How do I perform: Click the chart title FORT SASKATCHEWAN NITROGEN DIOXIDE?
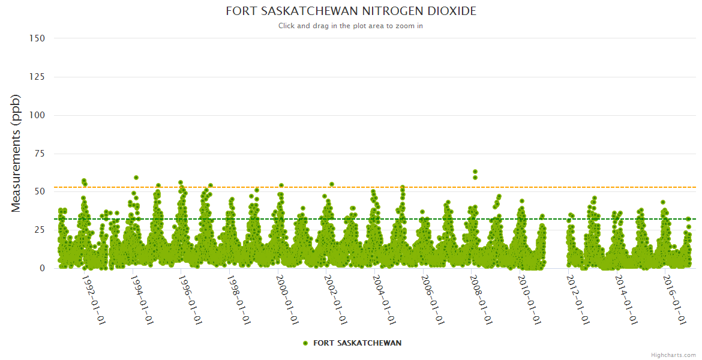coord(351,11)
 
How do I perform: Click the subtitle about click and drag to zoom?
coord(351,26)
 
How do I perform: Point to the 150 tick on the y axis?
coord(37,38)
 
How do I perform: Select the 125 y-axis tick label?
coord(37,77)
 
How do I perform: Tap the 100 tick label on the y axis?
coord(37,115)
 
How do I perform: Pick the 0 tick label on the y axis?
coord(42,268)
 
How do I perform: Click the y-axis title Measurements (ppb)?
coord(16,153)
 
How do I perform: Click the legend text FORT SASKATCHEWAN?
coord(357,343)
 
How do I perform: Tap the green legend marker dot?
coord(305,343)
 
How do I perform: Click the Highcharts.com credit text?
coord(673,355)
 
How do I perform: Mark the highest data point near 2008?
coord(475,172)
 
